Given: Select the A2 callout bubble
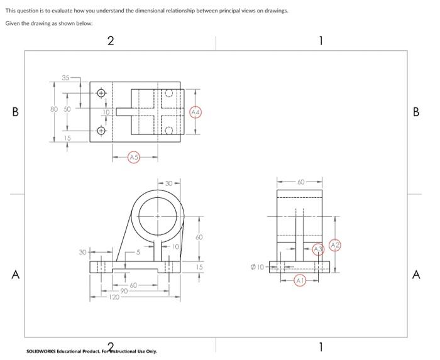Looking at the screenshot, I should pos(335,244).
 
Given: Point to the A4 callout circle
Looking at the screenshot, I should pos(195,112).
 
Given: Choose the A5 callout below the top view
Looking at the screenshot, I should pos(133,156).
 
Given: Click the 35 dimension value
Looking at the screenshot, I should pos(65,78).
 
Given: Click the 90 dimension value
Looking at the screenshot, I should pos(124,290).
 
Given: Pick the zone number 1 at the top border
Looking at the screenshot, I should pos(321,41).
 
